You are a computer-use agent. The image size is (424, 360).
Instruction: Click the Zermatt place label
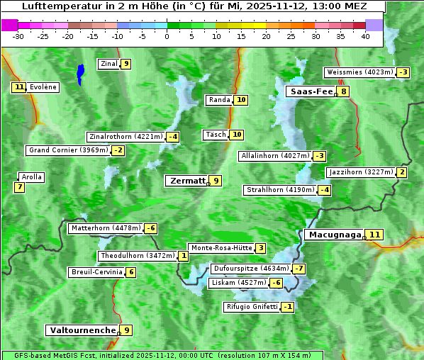tap(187, 181)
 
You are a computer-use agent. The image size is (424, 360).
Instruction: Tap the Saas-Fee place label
tap(311, 91)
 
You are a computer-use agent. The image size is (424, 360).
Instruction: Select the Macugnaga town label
tap(334, 235)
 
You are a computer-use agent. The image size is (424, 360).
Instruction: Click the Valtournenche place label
tap(82, 330)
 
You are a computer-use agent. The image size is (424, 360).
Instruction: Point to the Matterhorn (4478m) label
tap(105, 228)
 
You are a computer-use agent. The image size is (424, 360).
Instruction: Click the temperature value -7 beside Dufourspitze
tap(299, 269)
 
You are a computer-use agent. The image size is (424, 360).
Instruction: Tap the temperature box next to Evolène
tap(18, 87)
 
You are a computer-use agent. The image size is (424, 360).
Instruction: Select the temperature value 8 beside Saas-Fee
tap(344, 91)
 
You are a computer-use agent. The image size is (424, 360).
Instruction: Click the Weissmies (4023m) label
tap(359, 72)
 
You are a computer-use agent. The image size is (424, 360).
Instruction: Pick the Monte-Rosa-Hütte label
tap(221, 248)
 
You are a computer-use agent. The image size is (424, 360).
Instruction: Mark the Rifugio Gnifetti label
tap(251, 307)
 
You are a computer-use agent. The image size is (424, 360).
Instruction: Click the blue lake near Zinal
tap(80, 74)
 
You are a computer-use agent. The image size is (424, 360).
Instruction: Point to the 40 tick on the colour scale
tap(365, 35)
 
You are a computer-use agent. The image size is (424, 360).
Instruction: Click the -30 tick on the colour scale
tap(18, 35)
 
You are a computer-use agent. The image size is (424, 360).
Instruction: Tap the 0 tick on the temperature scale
tap(167, 35)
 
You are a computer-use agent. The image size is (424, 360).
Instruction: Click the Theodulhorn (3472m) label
tap(137, 256)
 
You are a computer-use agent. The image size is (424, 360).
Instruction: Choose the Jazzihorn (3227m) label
tap(361, 172)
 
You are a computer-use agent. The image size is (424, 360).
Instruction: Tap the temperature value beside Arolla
tap(19, 188)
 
